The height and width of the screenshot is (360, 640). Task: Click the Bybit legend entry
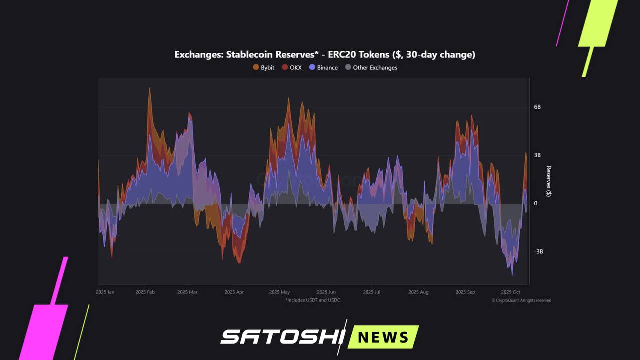264,67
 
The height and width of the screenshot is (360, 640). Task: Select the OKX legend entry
292,67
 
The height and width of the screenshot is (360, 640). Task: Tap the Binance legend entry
323,67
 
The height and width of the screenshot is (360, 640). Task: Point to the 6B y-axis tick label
537,107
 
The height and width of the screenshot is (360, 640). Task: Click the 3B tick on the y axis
537,155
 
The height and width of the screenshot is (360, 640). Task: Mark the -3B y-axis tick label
538,251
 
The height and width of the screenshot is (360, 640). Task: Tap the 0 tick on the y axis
536,203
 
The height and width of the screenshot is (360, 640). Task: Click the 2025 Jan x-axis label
105,292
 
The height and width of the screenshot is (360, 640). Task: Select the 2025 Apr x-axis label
234,292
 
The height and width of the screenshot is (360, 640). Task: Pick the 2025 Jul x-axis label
371,292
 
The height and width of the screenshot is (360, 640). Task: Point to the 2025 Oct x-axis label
510,292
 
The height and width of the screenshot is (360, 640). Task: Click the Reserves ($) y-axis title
548,181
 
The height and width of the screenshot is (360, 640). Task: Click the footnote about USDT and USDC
313,300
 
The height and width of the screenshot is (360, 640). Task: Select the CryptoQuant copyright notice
521,300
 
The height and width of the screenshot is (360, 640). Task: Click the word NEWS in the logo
383,337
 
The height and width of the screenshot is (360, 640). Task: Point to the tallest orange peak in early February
149,89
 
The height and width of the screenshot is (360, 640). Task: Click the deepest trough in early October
512,274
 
